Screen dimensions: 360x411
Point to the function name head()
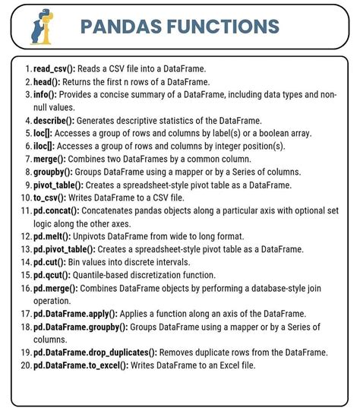click(47, 82)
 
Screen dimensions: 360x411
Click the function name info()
click(45, 94)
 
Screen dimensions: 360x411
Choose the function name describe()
click(55, 120)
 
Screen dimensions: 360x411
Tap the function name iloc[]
click(45, 146)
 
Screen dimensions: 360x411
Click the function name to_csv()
click(50, 197)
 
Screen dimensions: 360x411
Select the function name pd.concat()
click(58, 210)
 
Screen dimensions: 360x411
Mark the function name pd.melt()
click(52, 236)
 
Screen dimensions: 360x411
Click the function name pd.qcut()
click(52, 273)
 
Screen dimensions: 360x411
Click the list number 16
click(26, 286)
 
